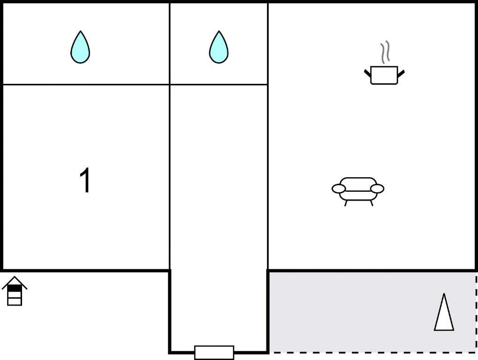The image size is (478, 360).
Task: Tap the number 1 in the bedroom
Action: [x=85, y=180]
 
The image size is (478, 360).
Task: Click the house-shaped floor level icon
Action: [x=15, y=291]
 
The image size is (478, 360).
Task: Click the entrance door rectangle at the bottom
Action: [x=214, y=352]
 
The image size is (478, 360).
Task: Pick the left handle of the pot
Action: [x=368, y=74]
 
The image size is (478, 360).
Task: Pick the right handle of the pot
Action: [x=401, y=74]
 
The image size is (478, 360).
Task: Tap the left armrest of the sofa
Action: [x=339, y=189]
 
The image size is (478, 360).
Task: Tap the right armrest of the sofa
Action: [x=378, y=189]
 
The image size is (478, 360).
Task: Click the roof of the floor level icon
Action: [x=15, y=282]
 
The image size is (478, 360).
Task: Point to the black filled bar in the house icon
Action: [x=15, y=288]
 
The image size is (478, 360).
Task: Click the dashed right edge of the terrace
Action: [x=476, y=313]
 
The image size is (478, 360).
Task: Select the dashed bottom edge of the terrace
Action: [x=372, y=352]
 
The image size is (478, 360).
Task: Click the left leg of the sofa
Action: [x=346, y=203]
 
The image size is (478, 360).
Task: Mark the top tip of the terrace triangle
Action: [x=444, y=293]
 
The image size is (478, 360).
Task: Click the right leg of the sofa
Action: [x=371, y=203]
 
